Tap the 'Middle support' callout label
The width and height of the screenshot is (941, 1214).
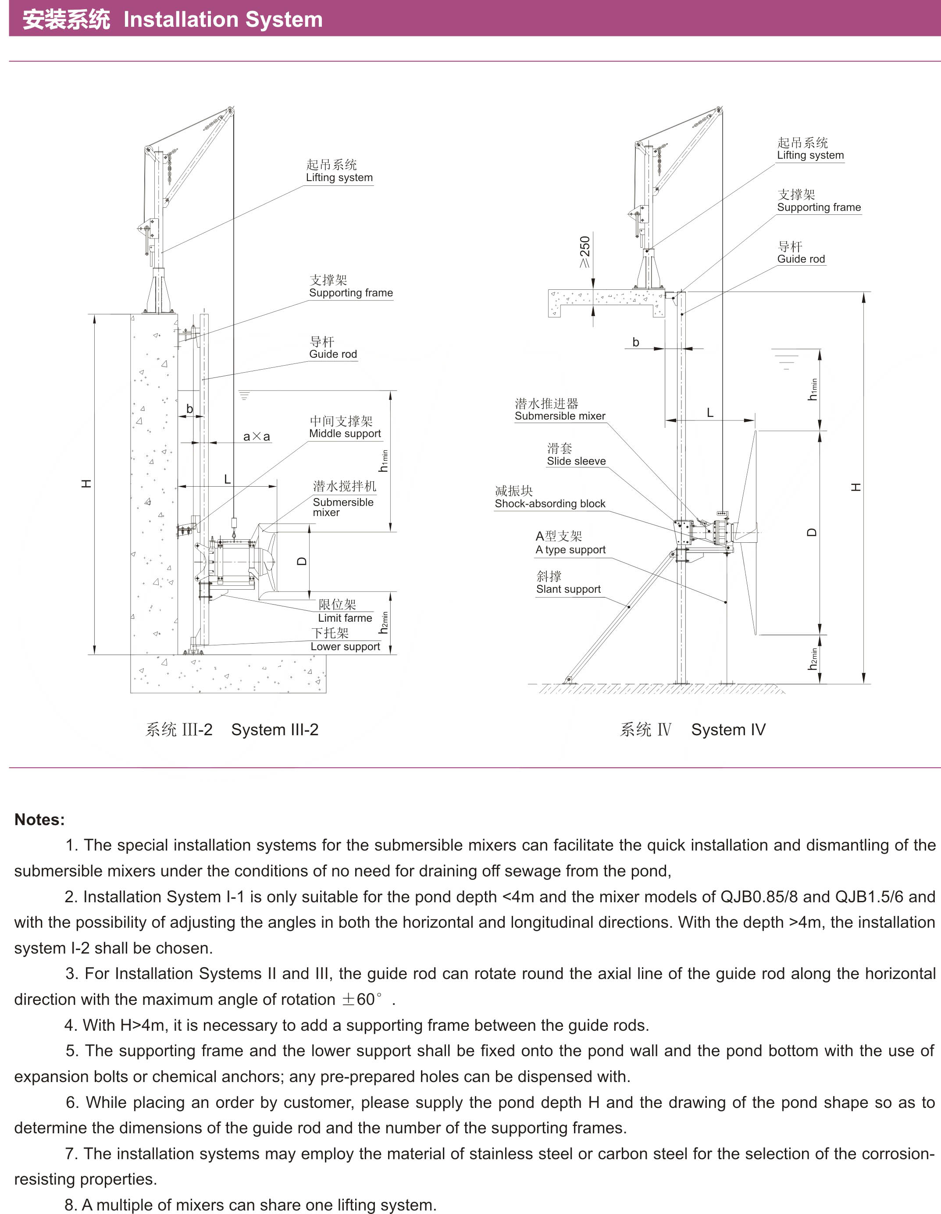(x=345, y=434)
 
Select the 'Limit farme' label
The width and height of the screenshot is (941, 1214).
(x=345, y=618)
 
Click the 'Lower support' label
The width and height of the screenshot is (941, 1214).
(x=345, y=647)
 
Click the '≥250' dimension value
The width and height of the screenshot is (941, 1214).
(x=585, y=251)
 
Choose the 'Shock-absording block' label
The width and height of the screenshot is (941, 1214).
(x=550, y=504)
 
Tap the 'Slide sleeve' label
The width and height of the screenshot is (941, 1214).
(x=576, y=461)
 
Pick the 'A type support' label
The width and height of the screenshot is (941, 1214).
(x=570, y=550)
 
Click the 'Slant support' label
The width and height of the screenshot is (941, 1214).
(x=568, y=589)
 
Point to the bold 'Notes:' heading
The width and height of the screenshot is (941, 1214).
(x=39, y=819)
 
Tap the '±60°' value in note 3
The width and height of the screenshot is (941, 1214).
(x=362, y=1000)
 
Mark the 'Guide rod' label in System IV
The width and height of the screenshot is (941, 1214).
(x=801, y=259)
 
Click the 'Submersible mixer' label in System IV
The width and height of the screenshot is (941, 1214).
(x=560, y=416)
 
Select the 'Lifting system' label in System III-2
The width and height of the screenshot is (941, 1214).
(x=339, y=177)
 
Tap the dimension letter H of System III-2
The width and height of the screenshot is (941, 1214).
(x=86, y=484)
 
